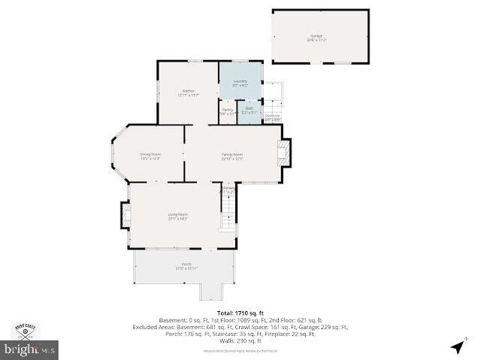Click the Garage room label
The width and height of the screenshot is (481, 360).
tap(316, 36)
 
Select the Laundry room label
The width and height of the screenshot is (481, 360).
tap(240, 81)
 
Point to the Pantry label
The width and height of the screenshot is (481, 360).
tap(227, 110)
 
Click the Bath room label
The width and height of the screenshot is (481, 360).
tap(250, 110)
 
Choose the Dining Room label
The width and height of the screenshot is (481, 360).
tap(150, 155)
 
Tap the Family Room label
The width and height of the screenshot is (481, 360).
tap(231, 155)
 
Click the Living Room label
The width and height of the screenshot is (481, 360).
tap(177, 214)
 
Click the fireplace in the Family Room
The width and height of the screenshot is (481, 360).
tap(283, 153)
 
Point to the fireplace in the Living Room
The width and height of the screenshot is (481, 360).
tap(125, 216)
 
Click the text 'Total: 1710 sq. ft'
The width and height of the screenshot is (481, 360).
tap(241, 312)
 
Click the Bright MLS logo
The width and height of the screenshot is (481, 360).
tap(30, 349)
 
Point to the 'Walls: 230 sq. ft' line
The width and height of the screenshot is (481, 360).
tap(241, 340)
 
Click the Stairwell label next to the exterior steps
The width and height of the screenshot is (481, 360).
tap(272, 116)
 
